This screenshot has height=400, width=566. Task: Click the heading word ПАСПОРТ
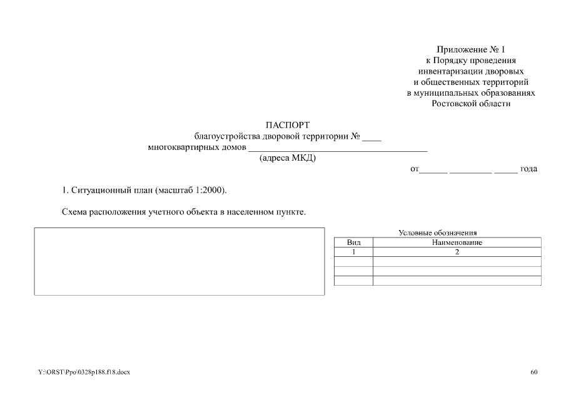tap(287, 125)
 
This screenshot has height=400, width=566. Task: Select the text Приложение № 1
tap(470, 49)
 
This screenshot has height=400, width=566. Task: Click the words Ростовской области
tap(471, 104)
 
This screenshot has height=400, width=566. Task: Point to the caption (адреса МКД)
tap(288, 158)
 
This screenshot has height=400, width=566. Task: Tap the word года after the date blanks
tap(528, 169)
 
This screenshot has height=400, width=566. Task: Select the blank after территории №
tap(371, 137)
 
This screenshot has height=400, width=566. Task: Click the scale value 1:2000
tap(209, 189)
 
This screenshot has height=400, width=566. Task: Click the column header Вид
tap(354, 242)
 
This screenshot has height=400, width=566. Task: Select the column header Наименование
tap(457, 242)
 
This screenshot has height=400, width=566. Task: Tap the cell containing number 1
tap(354, 252)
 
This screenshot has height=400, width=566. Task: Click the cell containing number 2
tap(457, 252)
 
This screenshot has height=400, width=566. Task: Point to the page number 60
tap(533, 372)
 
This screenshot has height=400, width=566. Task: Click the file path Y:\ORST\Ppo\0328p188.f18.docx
tap(84, 372)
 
